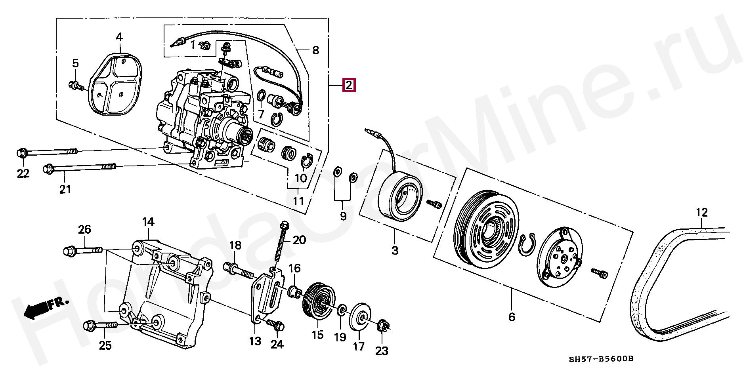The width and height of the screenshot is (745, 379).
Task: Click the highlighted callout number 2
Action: click(349, 85)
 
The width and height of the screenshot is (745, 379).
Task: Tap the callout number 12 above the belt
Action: click(701, 213)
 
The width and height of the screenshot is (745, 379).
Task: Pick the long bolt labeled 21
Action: click(79, 168)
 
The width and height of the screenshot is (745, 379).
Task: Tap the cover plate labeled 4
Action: click(115, 84)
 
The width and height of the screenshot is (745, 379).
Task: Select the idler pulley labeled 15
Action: click(319, 303)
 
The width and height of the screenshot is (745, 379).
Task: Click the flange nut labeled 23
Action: click(383, 325)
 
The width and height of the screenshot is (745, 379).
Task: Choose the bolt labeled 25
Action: click(101, 325)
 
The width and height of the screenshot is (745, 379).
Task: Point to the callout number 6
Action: click(512, 317)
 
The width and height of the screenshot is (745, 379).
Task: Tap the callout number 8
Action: click(315, 50)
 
